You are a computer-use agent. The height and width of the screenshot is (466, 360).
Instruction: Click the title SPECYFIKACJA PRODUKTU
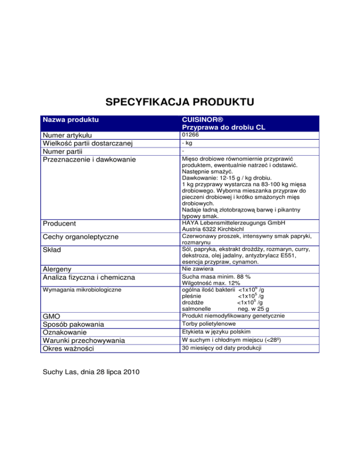coord(180,102)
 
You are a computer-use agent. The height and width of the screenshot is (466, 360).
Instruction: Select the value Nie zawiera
coord(197,269)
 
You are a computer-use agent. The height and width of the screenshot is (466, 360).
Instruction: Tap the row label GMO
coord(52,316)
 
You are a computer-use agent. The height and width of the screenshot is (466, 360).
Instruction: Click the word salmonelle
coord(196,309)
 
